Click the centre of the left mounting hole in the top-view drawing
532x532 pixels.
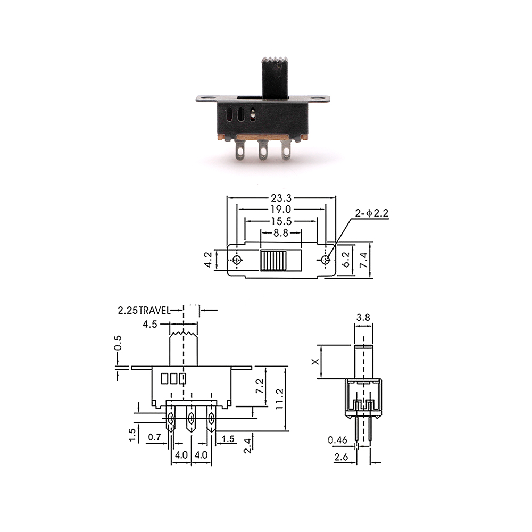237,260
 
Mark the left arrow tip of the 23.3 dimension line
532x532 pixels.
227,198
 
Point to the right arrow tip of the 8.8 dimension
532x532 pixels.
301,233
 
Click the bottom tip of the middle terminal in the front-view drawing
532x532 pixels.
191,431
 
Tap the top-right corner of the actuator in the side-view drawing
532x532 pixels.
372,345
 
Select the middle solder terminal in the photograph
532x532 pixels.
263,149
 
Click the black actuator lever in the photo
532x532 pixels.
275,77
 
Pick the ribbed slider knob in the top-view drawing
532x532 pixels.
274,261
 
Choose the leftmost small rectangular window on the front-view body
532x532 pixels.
164,379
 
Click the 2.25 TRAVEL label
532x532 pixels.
144,310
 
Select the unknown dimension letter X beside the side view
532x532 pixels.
315,362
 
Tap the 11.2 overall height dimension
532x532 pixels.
279,399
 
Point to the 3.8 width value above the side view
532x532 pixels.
363,318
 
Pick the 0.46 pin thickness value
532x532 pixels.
338,440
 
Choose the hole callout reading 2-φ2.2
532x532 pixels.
371,213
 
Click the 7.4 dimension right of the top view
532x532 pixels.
363,260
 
